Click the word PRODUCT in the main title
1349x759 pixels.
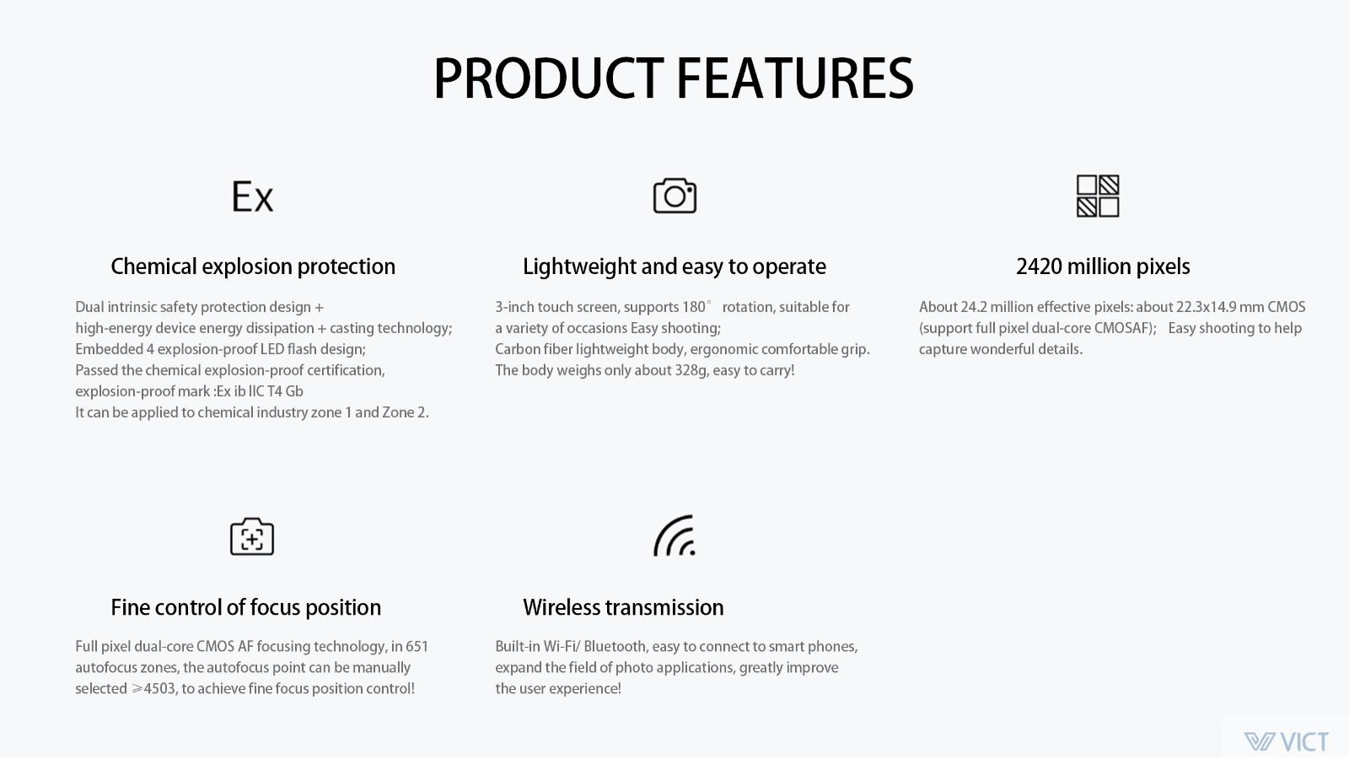click(x=549, y=78)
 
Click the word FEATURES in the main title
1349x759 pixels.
click(x=795, y=78)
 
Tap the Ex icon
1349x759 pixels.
click(x=252, y=196)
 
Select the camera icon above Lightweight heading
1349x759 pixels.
click(x=674, y=196)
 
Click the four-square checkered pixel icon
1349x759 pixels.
click(x=1097, y=196)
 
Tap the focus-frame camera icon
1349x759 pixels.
click(x=252, y=536)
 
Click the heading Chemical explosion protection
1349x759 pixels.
click(x=253, y=266)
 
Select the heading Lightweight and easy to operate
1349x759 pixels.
click(x=674, y=266)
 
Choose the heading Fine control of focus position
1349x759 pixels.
click(x=245, y=607)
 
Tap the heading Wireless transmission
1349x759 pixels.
click(x=623, y=607)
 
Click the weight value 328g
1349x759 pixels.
click(x=691, y=370)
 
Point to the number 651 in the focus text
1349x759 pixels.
click(x=417, y=646)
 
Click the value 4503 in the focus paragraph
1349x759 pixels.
click(x=159, y=688)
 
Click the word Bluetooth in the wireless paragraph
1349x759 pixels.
click(x=615, y=646)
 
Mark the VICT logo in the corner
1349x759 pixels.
click(x=1286, y=741)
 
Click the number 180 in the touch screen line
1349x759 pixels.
click(x=693, y=307)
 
